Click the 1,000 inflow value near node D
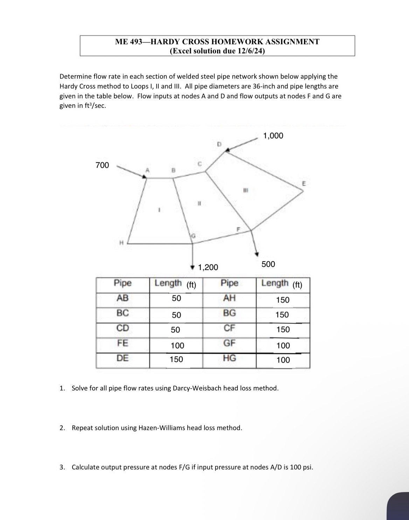pyautogui.click(x=273, y=136)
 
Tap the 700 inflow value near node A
pyautogui.click(x=102, y=165)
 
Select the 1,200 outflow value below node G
pyautogui.click(x=208, y=268)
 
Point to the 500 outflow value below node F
pyautogui.click(x=268, y=264)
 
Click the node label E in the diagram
pyautogui.click(x=304, y=183)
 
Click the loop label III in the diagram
pyautogui.click(x=245, y=190)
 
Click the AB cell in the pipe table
pyautogui.click(x=123, y=298)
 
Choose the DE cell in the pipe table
pyautogui.click(x=123, y=358)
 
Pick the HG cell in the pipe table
pyautogui.click(x=229, y=358)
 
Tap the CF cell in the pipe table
pyautogui.click(x=229, y=328)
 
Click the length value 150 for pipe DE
pyautogui.click(x=176, y=359)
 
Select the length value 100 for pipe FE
pyautogui.click(x=177, y=346)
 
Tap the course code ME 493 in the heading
pyautogui.click(x=129, y=42)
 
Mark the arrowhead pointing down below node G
pyautogui.click(x=192, y=267)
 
